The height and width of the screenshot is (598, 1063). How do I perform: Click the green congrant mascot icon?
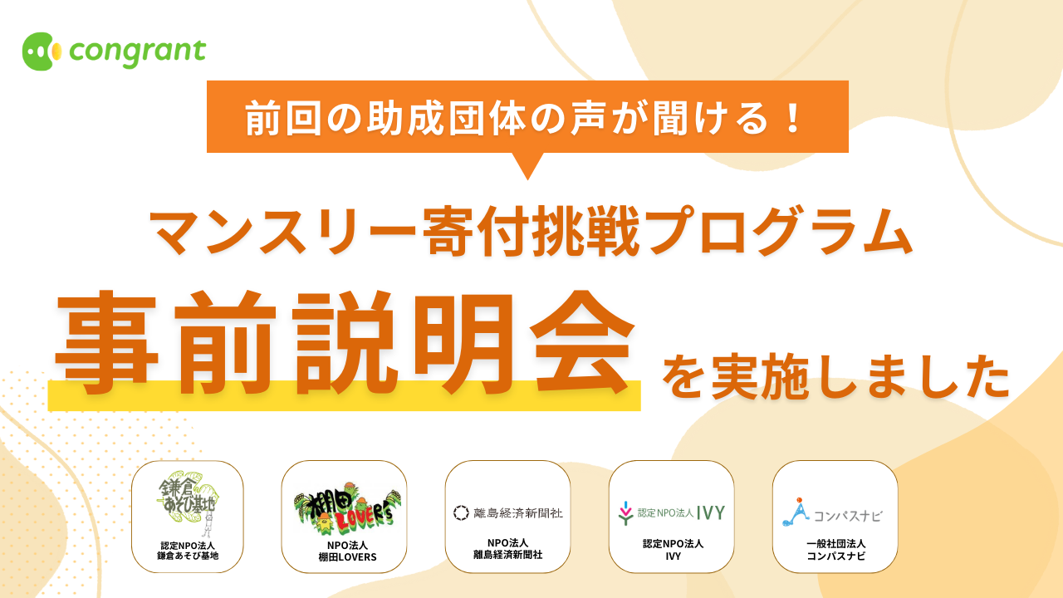(x=42, y=51)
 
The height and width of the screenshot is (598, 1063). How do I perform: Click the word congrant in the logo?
(x=138, y=52)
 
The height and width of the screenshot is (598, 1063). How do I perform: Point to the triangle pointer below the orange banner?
(x=527, y=166)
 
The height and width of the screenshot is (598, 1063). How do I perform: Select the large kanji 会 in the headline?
(x=582, y=343)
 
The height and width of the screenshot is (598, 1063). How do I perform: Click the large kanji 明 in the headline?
(x=463, y=343)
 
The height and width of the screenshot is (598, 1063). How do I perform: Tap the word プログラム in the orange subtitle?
(x=779, y=232)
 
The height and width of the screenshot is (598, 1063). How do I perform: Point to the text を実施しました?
(x=835, y=376)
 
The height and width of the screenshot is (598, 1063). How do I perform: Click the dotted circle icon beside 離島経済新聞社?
(x=461, y=512)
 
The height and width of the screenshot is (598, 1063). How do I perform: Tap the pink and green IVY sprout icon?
(x=626, y=513)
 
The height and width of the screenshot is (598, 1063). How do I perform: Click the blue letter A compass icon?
(x=796, y=512)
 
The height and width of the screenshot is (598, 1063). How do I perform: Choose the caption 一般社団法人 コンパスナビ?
(x=835, y=550)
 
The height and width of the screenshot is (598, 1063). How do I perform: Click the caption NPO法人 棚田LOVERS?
(x=347, y=551)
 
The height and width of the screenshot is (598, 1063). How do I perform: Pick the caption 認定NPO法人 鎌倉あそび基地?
(x=188, y=551)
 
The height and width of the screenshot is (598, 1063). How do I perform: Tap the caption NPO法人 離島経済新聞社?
(x=507, y=549)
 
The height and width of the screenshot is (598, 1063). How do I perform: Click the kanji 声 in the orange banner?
(x=588, y=117)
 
